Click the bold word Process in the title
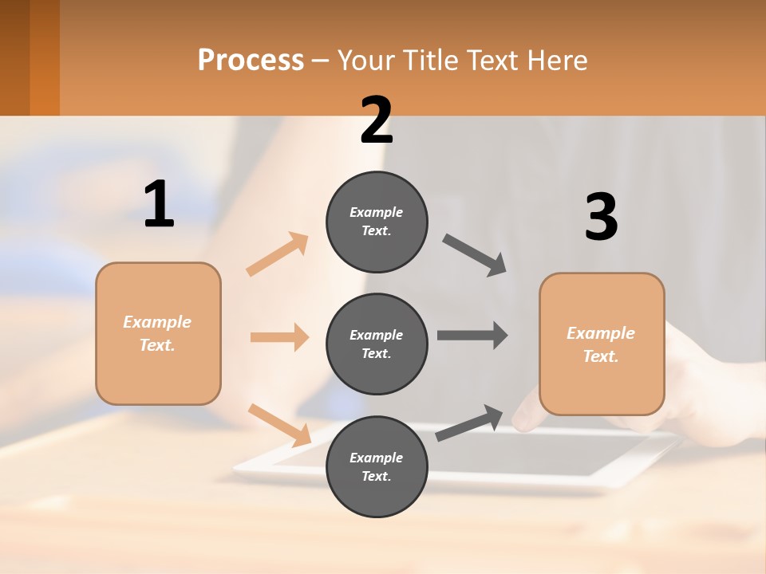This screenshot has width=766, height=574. coord(251,61)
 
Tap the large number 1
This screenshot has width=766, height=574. coord(159,205)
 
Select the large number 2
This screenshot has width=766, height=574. coord(377,121)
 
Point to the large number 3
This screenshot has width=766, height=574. coord(601,218)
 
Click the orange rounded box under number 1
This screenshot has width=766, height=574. coord(158,333)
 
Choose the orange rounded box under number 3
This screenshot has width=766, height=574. coord(602,344)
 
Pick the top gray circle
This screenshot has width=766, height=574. coord(377,222)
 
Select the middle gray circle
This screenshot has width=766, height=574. coord(377,344)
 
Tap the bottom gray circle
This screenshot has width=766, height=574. coord(377,466)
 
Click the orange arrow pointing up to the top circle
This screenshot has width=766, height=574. coord(277,254)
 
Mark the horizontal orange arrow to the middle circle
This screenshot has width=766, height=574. coord(279,337)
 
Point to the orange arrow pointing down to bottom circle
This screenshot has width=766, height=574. coord(279,424)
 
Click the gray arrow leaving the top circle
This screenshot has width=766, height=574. coord(475,255)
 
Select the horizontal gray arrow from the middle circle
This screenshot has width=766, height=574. coord(472,335)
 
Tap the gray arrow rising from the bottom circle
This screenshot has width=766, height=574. coord(469,423)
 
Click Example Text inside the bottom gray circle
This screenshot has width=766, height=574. coord(377,466)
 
